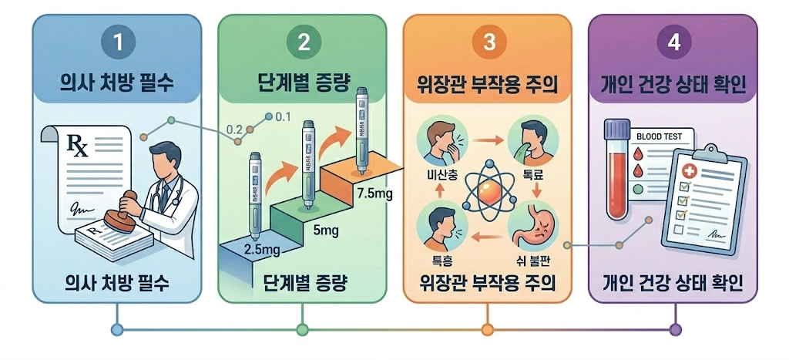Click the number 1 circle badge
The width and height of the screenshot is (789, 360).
coord(117,43)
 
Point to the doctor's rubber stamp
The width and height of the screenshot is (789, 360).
coord(120,219)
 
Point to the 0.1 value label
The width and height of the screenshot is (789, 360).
coord(282,117)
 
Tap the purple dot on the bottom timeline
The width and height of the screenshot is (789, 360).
coord(675,330)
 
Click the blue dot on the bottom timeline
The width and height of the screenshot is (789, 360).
coord(117,330)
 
